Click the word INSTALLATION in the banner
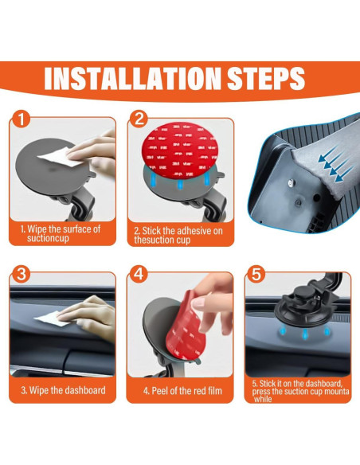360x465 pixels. pyautogui.click(x=132, y=78)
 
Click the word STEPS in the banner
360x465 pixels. pyautogui.click(x=266, y=78)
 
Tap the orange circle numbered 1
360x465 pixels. pyautogui.click(x=21, y=119)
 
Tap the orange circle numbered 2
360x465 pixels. pyautogui.click(x=139, y=119)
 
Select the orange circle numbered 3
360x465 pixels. pyautogui.click(x=21, y=274)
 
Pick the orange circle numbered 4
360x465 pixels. pyautogui.click(x=139, y=274)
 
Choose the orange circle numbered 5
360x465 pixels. pyautogui.click(x=256, y=274)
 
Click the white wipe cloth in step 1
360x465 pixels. pyautogui.click(x=61, y=157)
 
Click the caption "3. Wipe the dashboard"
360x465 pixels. pyautogui.click(x=63, y=390)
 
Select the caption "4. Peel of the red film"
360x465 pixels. pyautogui.click(x=182, y=391)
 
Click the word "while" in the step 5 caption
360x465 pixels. pyautogui.click(x=263, y=399)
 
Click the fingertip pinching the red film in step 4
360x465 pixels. pyautogui.click(x=198, y=303)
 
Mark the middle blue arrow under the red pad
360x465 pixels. pyautogui.click(x=180, y=185)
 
